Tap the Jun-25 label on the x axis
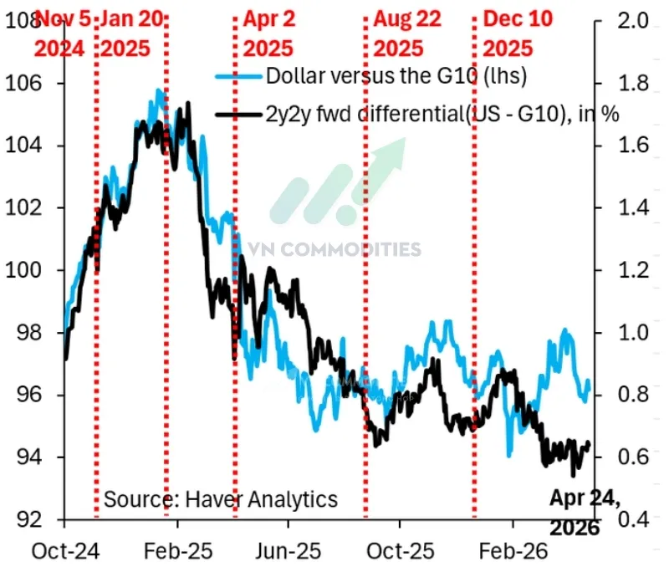click(289, 553)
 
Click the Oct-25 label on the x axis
click(399, 553)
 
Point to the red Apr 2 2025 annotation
click(267, 33)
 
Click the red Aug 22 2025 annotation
click(408, 33)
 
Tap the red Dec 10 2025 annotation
click(518, 33)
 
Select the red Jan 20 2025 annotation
click(134, 33)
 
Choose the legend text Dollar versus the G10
click(395, 77)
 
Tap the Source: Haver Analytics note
click(221, 500)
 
